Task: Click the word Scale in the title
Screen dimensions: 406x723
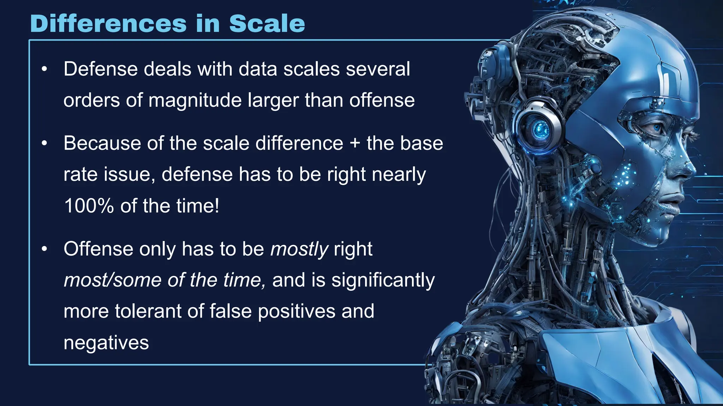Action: [x=267, y=24]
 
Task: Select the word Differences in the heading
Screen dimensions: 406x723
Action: [x=108, y=24]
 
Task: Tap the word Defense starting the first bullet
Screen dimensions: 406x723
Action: [x=100, y=69]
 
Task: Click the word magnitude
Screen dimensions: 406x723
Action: [x=195, y=100]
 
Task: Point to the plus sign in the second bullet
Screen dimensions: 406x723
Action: [x=355, y=144]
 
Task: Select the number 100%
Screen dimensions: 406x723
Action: [x=89, y=206]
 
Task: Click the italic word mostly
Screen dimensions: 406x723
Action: [x=299, y=249]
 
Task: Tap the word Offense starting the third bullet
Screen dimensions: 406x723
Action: [x=98, y=249]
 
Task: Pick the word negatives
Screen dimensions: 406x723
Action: [x=106, y=343]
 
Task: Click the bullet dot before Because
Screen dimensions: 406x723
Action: [x=44, y=143]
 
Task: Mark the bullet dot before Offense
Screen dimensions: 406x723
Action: [x=44, y=249]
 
